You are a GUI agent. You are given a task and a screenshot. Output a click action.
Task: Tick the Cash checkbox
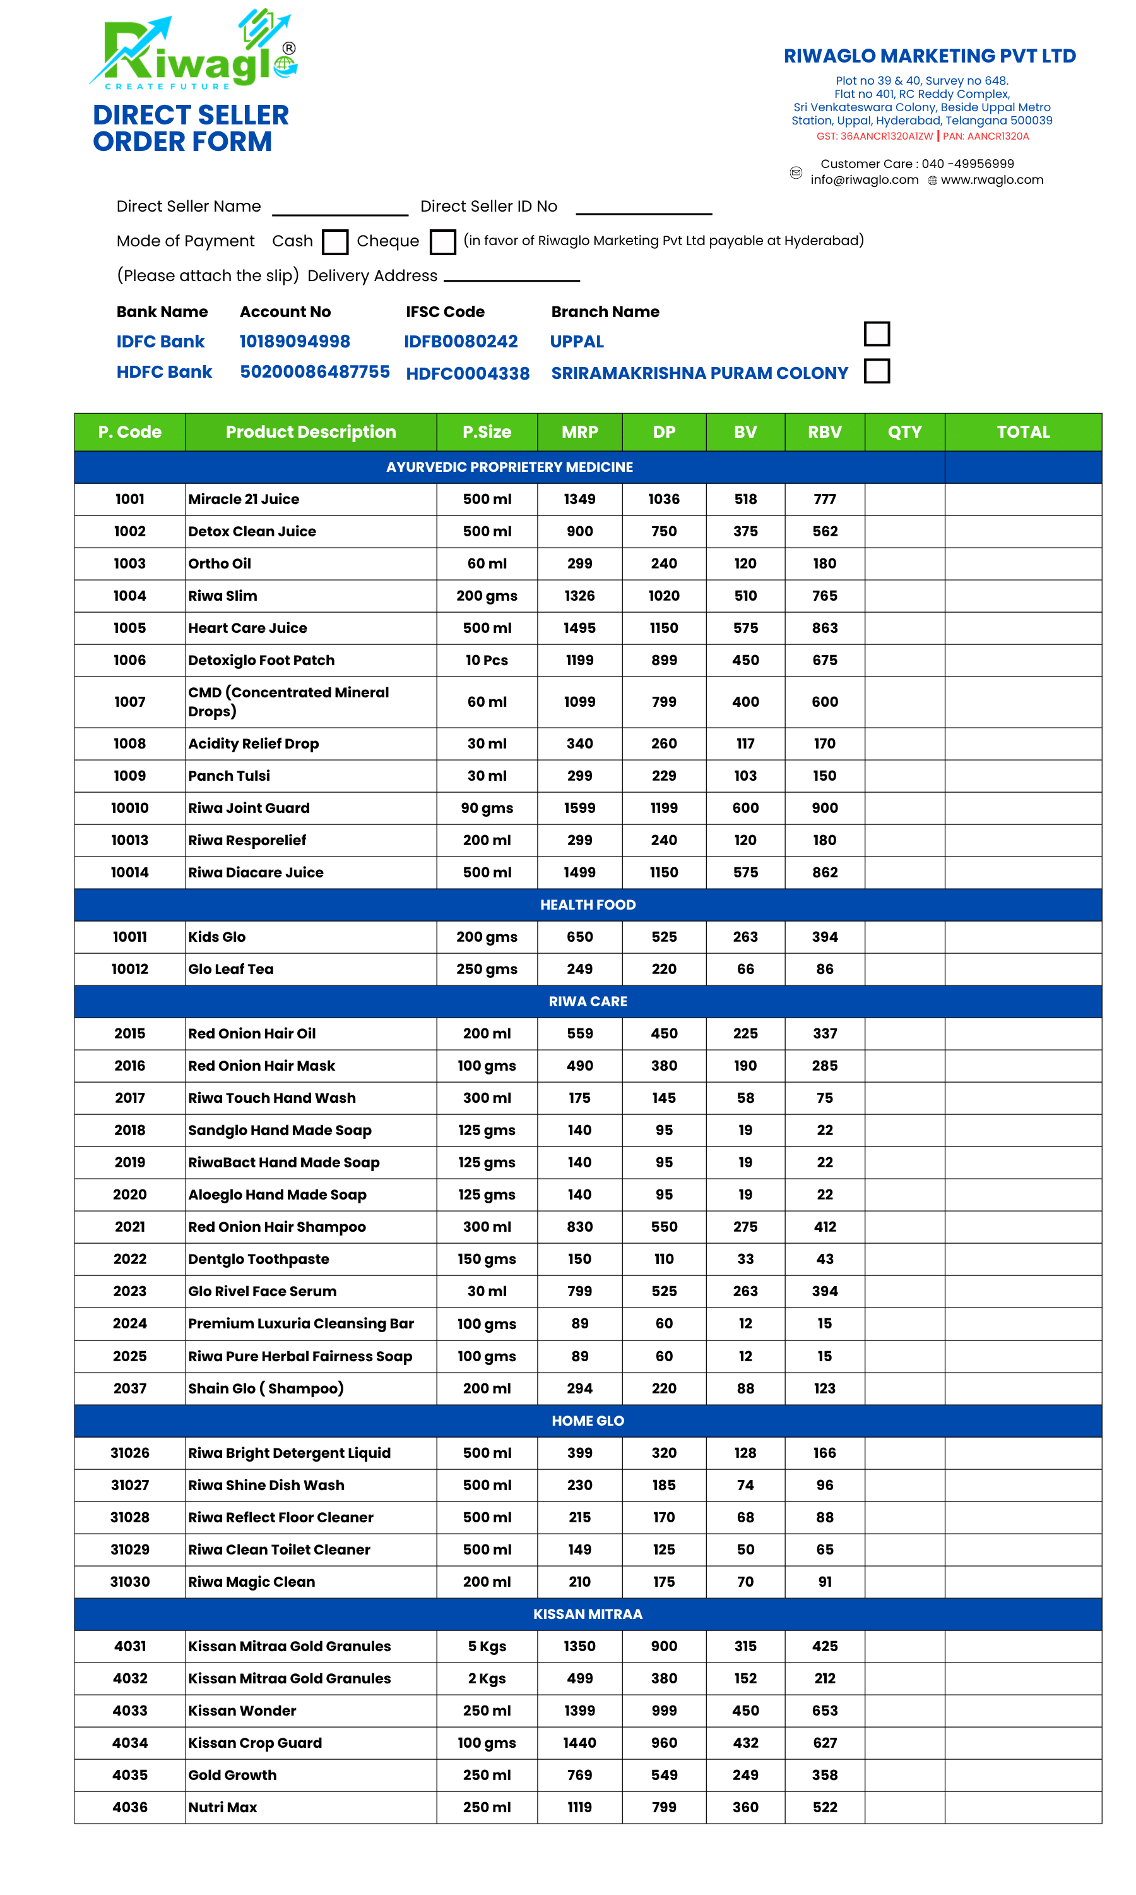click(x=334, y=242)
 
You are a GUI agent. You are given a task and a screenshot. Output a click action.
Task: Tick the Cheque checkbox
click(x=442, y=242)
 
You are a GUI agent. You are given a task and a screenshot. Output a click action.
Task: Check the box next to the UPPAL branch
click(x=877, y=334)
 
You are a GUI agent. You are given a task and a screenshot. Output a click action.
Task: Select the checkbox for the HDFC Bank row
click(x=877, y=371)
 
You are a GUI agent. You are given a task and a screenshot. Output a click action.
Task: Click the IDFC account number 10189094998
click(x=295, y=342)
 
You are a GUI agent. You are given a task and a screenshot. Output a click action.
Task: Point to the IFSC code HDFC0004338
click(x=468, y=373)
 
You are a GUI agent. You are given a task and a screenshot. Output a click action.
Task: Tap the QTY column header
click(x=904, y=432)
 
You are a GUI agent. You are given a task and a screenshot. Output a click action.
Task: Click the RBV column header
click(x=824, y=432)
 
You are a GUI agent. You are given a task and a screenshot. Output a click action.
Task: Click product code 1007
click(x=129, y=702)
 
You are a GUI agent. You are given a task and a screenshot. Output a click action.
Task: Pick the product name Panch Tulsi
click(x=229, y=776)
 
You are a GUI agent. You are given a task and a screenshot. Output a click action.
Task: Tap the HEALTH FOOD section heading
click(x=587, y=905)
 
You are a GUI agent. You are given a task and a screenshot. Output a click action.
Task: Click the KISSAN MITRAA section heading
click(x=587, y=1614)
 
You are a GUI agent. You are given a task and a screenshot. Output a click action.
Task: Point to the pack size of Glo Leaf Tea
click(x=487, y=969)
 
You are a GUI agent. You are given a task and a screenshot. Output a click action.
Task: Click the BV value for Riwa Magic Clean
click(x=745, y=1582)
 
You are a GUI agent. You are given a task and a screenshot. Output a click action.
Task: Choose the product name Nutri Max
click(x=223, y=1807)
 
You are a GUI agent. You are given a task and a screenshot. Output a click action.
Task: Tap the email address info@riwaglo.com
click(x=864, y=180)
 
